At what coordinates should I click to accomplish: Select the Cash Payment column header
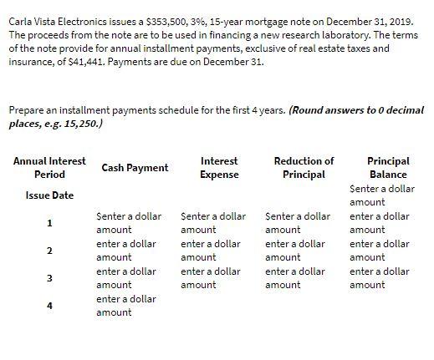[135, 168]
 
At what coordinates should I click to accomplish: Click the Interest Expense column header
[220, 168]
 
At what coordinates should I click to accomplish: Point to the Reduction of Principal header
[304, 168]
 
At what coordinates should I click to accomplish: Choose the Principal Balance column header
[388, 168]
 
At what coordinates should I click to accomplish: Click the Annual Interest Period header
[49, 168]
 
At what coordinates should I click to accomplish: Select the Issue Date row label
[49, 195]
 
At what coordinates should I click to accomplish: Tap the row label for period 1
[49, 223]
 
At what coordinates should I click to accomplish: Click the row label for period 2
[49, 251]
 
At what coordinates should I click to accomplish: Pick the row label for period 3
[49, 278]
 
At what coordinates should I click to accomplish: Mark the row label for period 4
[49, 306]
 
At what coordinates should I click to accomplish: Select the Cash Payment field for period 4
[126, 305]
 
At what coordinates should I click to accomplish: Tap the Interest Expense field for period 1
[213, 223]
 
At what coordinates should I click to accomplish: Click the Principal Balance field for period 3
[379, 278]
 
